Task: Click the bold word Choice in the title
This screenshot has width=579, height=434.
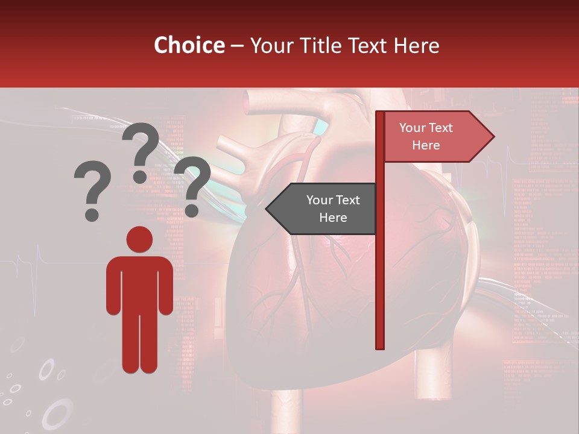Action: [x=189, y=45]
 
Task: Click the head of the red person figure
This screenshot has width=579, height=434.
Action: [x=139, y=239]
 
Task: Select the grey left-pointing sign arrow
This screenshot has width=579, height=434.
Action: [x=323, y=209]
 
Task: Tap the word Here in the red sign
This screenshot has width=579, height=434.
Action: [x=426, y=145]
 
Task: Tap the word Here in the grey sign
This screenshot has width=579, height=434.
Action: [x=333, y=218]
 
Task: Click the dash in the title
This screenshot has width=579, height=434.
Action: [x=237, y=46]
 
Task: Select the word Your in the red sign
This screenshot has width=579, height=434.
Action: [x=413, y=128]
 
